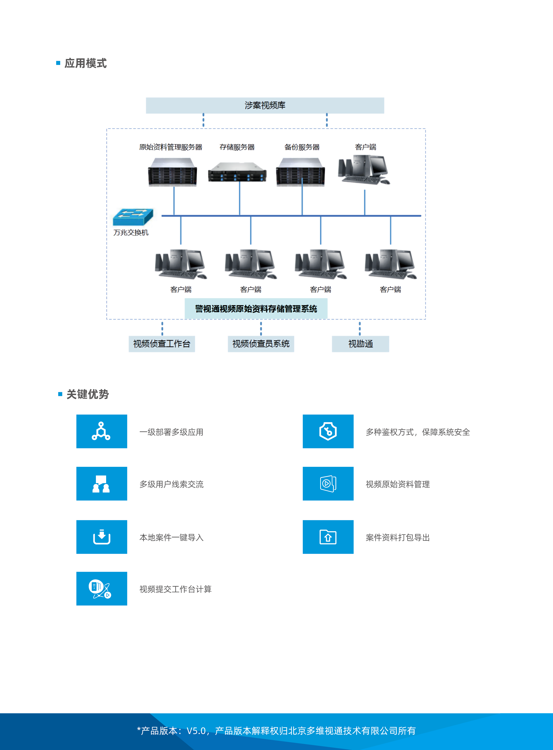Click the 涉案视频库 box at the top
pos(265,105)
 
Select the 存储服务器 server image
pos(237,172)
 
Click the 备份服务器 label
pos(302,147)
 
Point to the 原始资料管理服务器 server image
pos(172,172)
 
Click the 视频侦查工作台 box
pos(162,344)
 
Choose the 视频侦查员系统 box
pos(261,344)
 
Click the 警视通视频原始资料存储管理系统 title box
pos(256,308)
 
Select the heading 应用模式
pos(85,63)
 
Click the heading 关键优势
pos(87,394)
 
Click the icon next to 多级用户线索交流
pos(101,484)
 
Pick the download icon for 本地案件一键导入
pos(101,537)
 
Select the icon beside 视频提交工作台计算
pos(101,588)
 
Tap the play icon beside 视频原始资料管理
pos(328,484)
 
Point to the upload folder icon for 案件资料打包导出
pos(328,537)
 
